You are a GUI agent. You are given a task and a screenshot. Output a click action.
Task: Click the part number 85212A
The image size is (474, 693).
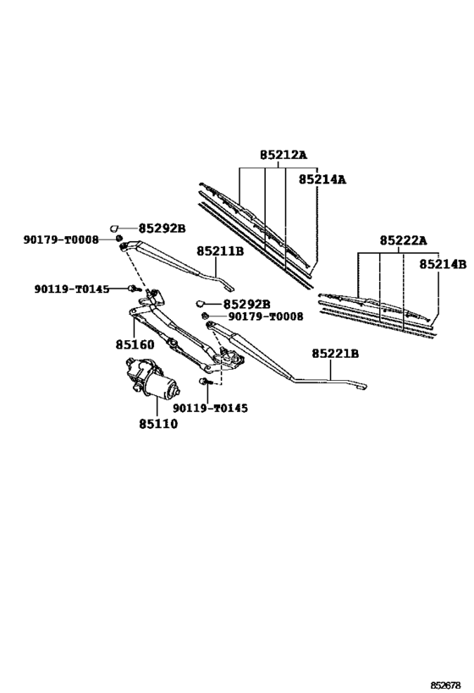[x=283, y=155]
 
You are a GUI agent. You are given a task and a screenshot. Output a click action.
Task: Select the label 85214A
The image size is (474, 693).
[x=322, y=179]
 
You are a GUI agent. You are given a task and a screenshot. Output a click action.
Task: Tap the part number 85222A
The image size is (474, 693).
[x=403, y=240]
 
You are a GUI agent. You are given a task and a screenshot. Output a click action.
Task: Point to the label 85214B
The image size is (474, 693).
[x=443, y=264]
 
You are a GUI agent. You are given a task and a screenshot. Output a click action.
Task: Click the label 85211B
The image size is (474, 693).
[x=220, y=251]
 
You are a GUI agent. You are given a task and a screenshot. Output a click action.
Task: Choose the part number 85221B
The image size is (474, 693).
[x=335, y=354]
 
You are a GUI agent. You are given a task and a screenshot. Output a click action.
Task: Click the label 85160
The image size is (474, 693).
[x=135, y=344]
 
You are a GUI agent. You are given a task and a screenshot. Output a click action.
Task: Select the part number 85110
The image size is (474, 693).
[x=158, y=424]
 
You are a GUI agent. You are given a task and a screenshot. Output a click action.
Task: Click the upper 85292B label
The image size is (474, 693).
[x=162, y=228]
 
